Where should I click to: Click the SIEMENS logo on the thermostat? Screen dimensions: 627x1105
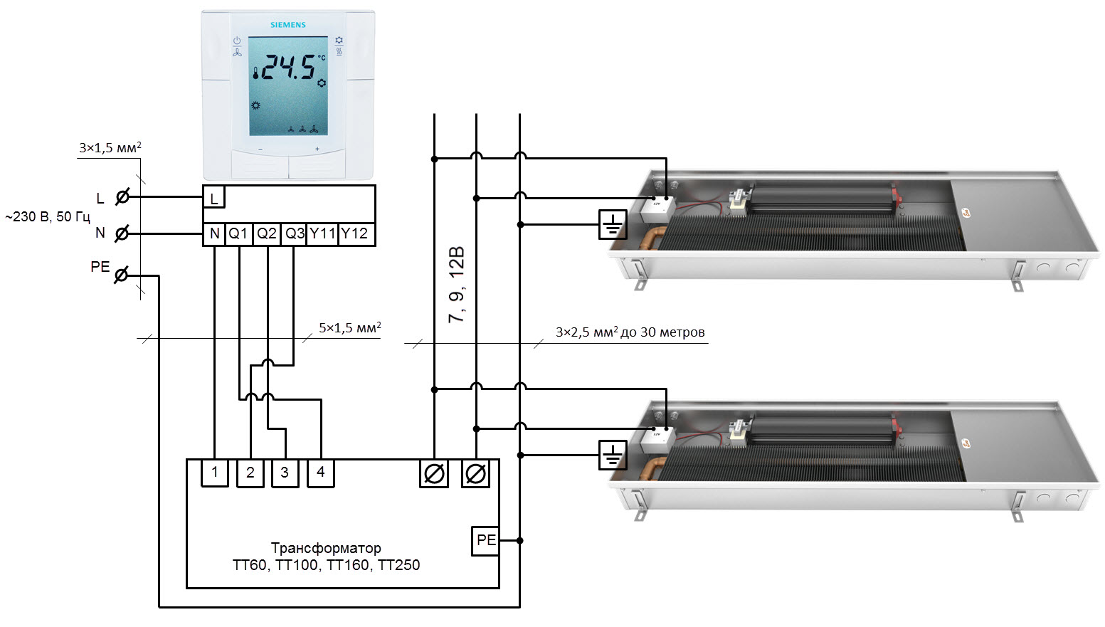pyautogui.click(x=288, y=25)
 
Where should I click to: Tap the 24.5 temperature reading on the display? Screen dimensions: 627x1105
pyautogui.click(x=288, y=68)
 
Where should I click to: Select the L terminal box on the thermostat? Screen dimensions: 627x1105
pyautogui.click(x=214, y=198)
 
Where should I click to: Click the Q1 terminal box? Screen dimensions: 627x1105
pyautogui.click(x=238, y=234)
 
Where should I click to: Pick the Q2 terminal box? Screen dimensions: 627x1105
pyautogui.click(x=267, y=234)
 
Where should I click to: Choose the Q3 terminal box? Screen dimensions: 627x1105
pyautogui.click(x=294, y=234)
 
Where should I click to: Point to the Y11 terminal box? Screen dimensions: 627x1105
pyautogui.click(x=322, y=234)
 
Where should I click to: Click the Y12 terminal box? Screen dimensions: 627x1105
pyautogui.click(x=355, y=234)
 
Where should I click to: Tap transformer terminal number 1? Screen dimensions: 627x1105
pyautogui.click(x=215, y=473)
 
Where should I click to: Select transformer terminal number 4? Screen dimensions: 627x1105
pyautogui.click(x=321, y=473)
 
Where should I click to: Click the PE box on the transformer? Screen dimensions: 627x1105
pyautogui.click(x=486, y=540)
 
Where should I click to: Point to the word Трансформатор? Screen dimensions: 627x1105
pyautogui.click(x=326, y=548)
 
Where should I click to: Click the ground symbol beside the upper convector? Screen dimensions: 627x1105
pyautogui.click(x=613, y=225)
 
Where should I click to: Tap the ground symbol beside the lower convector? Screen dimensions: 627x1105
pyautogui.click(x=613, y=455)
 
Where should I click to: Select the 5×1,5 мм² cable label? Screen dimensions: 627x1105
pyautogui.click(x=349, y=328)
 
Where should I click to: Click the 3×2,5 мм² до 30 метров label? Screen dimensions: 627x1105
pyautogui.click(x=630, y=332)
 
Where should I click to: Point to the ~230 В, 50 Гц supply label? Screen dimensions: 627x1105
pyautogui.click(x=48, y=216)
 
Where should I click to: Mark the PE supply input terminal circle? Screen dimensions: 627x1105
pyautogui.click(x=122, y=275)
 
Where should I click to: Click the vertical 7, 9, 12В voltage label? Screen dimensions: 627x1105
pyautogui.click(x=456, y=285)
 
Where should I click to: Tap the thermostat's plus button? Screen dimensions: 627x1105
pyautogui.click(x=317, y=149)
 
